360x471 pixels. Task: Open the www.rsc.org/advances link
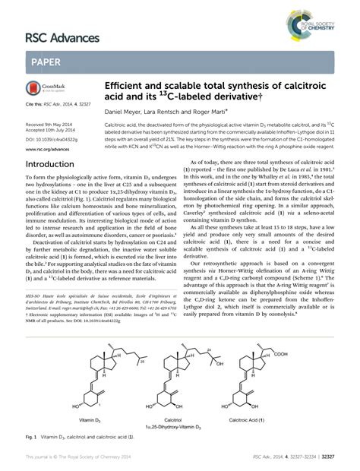pyautogui.click(x=49, y=150)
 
